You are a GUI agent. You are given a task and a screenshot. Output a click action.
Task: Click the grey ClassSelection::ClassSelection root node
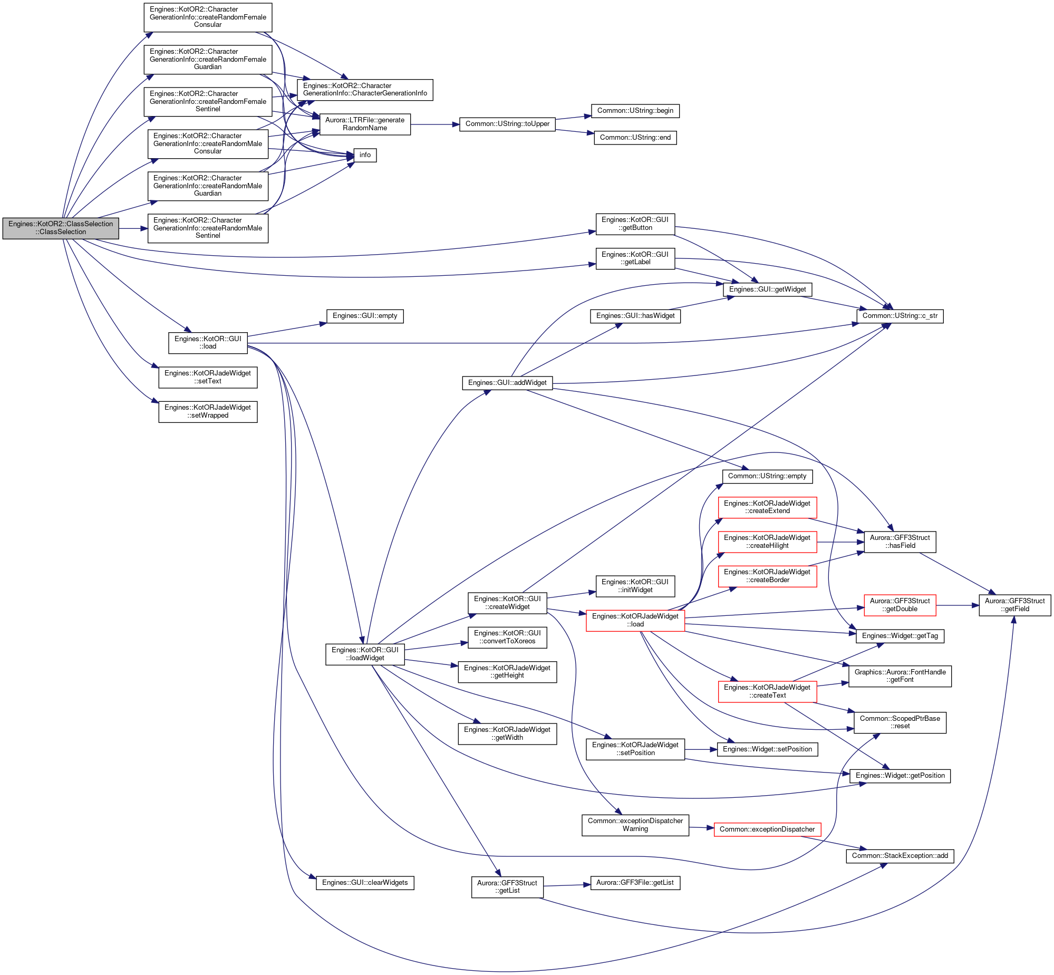coord(61,228)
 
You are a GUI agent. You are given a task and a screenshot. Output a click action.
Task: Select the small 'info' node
coord(365,155)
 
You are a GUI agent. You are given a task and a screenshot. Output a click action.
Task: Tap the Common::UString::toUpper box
coord(507,124)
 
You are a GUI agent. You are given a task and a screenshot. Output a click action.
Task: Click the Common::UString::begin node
coord(635,111)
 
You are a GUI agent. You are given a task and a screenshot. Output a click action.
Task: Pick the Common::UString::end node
coord(635,138)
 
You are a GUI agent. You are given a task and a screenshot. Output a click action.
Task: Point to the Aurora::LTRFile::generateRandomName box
coord(365,124)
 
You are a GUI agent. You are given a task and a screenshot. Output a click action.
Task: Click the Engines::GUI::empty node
coord(365,316)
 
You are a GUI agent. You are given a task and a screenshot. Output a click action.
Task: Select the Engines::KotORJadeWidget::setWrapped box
coord(208,411)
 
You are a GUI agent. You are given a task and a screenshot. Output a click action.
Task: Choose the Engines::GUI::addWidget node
coord(507,383)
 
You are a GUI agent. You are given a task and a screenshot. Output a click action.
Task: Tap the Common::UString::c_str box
coord(900,316)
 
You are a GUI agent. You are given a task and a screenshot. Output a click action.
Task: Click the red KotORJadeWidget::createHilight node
coord(767,542)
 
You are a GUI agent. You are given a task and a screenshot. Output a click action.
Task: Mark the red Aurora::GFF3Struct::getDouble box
coord(900,605)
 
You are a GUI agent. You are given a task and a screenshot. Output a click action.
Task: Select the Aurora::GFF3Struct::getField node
coord(1015,605)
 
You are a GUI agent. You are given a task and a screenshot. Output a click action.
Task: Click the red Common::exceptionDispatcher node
coord(767,829)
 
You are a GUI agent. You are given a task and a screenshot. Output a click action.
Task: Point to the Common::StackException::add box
coord(900,856)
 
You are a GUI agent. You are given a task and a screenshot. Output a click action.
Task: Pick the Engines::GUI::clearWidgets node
coord(365,883)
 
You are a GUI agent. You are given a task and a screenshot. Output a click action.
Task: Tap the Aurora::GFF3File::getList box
coord(635,883)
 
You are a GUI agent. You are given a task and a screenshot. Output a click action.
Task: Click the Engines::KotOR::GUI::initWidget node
coord(635,586)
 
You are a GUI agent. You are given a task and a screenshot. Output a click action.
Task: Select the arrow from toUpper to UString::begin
coord(574,118)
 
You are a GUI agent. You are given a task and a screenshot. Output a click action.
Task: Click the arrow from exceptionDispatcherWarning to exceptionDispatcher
coord(702,828)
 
